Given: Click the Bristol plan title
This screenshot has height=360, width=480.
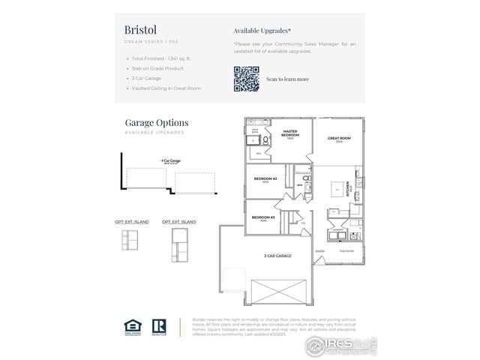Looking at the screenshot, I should (x=140, y=29).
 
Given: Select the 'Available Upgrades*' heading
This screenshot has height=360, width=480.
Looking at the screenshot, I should (x=262, y=31).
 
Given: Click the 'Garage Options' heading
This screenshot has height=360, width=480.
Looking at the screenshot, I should (x=156, y=122).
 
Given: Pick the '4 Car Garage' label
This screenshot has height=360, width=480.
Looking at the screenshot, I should (x=171, y=160).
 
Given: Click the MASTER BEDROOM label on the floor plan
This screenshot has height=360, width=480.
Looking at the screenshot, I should (x=290, y=133).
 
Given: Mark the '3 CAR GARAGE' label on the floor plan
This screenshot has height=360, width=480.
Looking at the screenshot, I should (x=277, y=256).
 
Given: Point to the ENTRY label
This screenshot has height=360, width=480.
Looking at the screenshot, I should (x=320, y=250).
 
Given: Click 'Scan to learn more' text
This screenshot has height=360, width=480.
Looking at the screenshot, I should (x=287, y=79).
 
